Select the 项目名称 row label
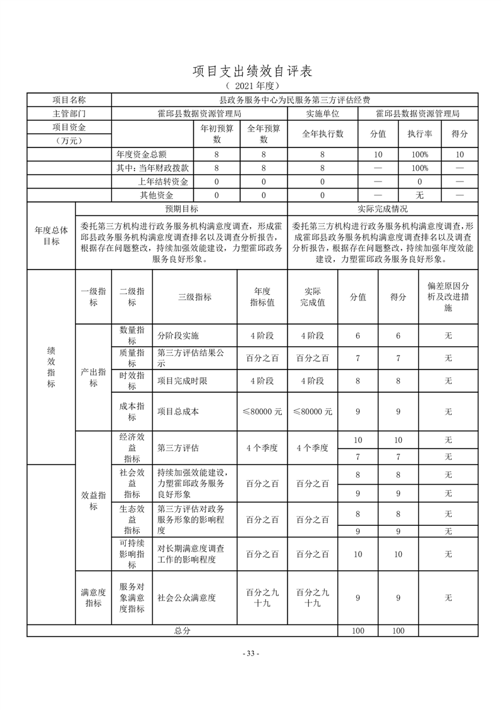[69, 100]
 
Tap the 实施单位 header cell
[323, 114]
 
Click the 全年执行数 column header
[323, 134]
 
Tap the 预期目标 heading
[181, 209]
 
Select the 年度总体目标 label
[51, 236]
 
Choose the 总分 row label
[182, 631]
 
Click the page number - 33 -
[251, 654]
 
